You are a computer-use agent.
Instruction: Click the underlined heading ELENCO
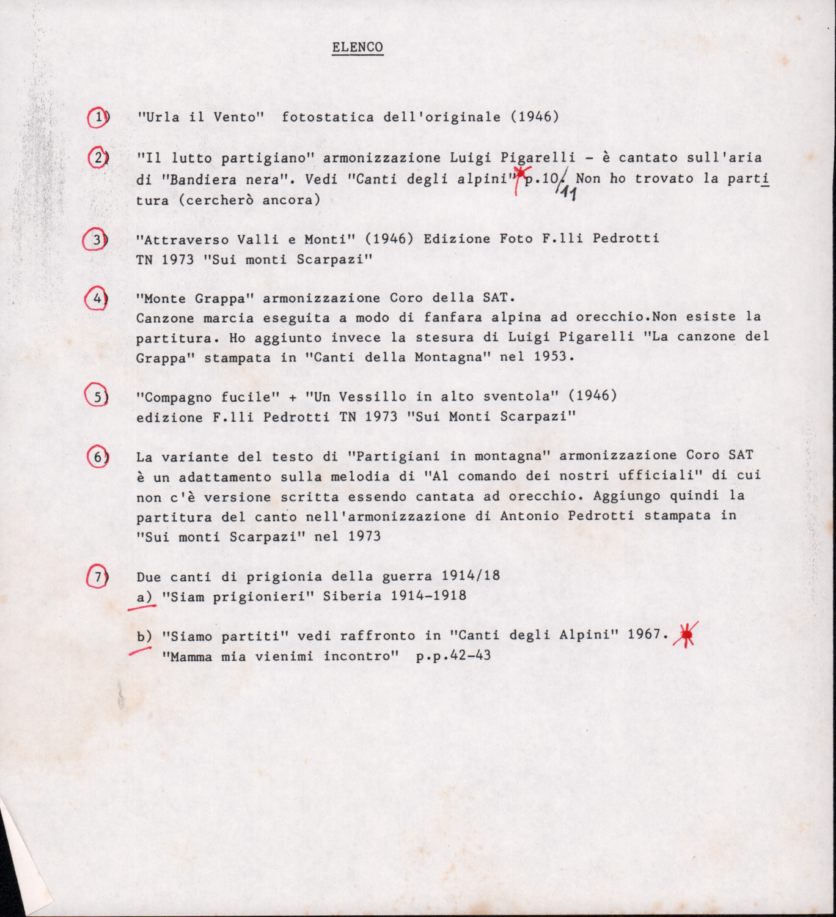click(358, 47)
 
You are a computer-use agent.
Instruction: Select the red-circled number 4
click(97, 298)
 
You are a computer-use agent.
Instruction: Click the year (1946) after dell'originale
click(535, 116)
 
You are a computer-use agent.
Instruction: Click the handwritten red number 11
click(568, 194)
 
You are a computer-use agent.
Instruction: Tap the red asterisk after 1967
click(686, 635)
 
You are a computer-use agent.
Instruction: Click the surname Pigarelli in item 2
click(538, 158)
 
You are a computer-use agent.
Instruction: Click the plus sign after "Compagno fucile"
click(293, 397)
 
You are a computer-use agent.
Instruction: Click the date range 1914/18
click(471, 576)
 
